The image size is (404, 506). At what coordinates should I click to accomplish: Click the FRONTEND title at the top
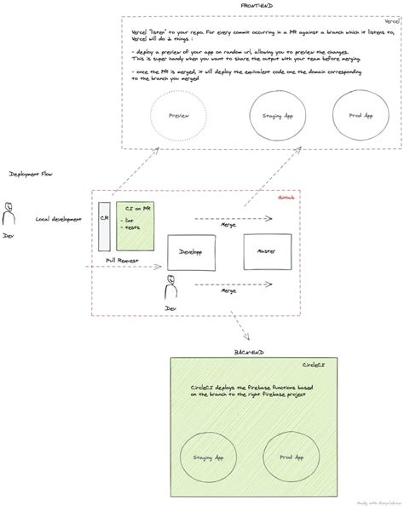(x=257, y=7)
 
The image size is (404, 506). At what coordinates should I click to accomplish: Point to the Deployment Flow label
(x=30, y=174)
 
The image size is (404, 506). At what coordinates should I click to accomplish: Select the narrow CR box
(x=104, y=226)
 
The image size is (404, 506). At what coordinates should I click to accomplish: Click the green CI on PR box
(x=135, y=226)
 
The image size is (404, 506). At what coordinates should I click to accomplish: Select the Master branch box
(x=267, y=253)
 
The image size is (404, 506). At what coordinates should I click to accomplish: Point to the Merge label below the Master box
(x=228, y=289)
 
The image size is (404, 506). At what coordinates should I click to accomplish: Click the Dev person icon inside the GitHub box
(x=169, y=292)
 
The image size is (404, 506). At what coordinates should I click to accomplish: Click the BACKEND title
(x=249, y=351)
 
